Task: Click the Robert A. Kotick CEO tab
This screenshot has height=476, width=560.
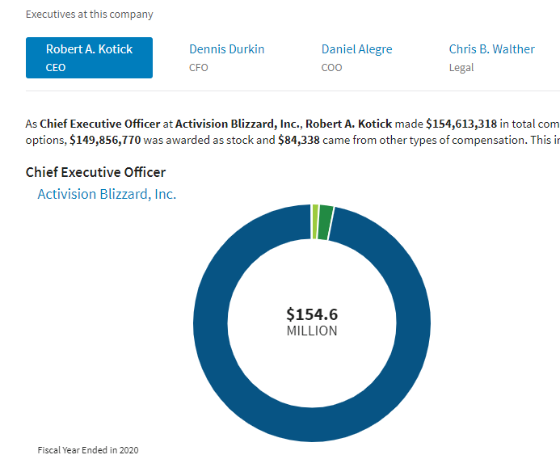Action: point(89,57)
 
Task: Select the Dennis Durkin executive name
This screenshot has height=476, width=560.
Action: point(226,49)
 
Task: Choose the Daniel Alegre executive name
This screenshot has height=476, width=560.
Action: point(356,49)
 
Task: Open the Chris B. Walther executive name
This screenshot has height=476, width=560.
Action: point(491,49)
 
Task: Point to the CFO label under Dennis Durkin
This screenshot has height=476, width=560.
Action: point(198,68)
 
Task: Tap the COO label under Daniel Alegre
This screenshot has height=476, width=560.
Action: point(331,68)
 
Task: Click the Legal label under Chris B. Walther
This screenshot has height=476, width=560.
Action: point(461,68)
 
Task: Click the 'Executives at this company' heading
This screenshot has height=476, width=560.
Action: point(89,15)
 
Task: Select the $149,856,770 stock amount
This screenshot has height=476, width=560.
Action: point(105,139)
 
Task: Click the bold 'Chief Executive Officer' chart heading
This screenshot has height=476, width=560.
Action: point(95,172)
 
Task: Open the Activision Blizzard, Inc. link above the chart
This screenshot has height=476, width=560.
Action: point(107,194)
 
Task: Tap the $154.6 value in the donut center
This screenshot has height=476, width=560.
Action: point(312,314)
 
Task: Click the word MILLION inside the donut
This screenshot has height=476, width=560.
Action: point(312,331)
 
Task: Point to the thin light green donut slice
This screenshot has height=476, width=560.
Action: point(315,222)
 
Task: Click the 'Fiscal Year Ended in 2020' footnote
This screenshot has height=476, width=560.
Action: point(88,450)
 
